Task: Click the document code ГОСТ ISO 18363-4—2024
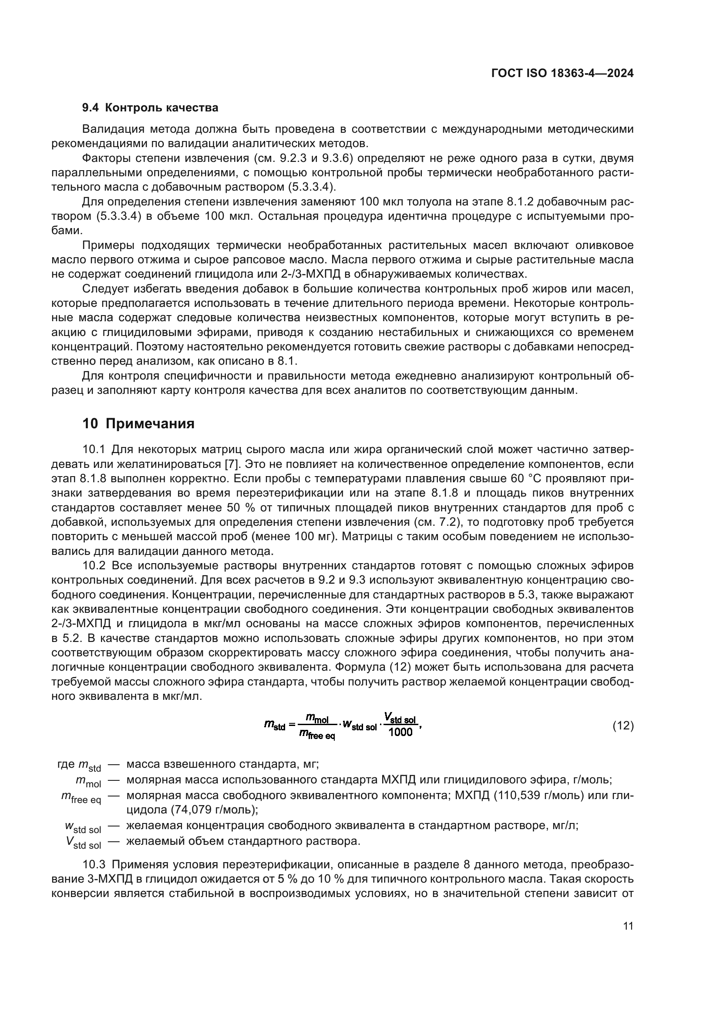coord(562,74)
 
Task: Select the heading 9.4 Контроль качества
coord(150,108)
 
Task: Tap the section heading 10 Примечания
coord(138,423)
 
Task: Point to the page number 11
coord(628,926)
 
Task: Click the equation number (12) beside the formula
coord(623,726)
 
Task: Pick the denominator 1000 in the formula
coord(400,732)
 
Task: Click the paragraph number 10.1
coord(94,450)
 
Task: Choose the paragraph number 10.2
coord(94,566)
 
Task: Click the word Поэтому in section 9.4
coord(155,347)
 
